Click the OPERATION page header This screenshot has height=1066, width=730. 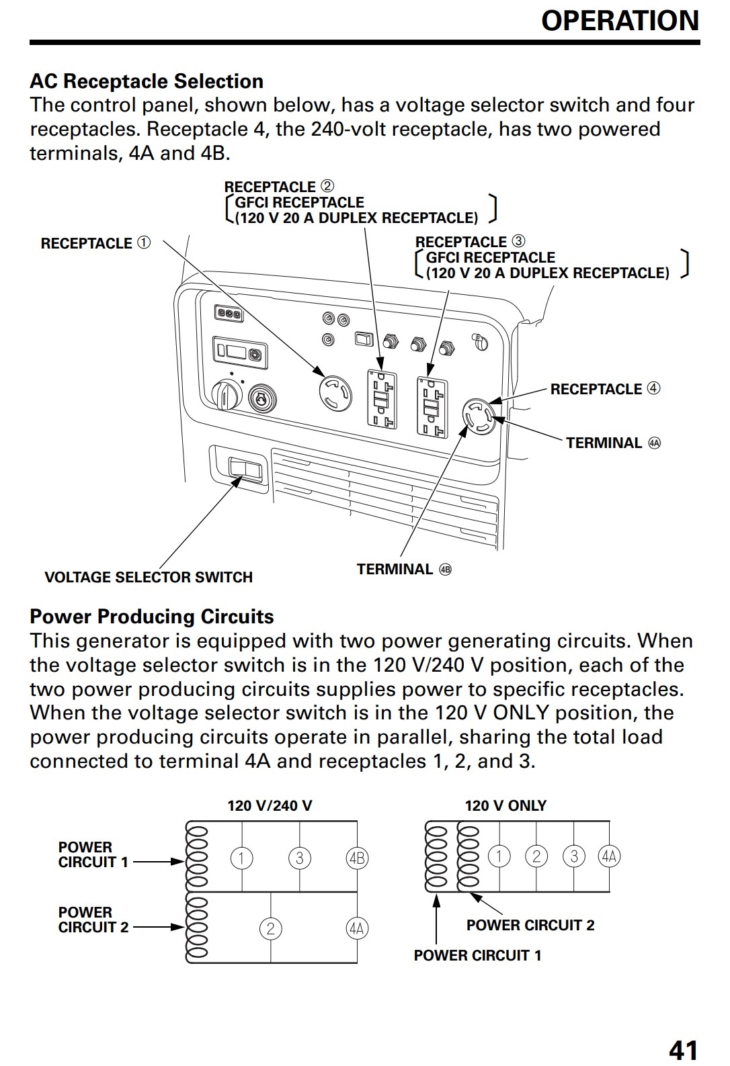(x=620, y=21)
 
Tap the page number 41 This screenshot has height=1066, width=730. (x=684, y=1049)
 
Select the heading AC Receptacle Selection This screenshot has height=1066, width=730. (x=147, y=81)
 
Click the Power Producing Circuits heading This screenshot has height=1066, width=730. (x=152, y=617)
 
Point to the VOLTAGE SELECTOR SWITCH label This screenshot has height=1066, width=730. (x=149, y=577)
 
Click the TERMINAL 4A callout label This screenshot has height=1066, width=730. (x=613, y=443)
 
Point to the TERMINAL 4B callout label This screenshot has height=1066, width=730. (x=404, y=570)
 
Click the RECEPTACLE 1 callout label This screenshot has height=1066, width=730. (x=95, y=243)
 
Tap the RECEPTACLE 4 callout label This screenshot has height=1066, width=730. (x=605, y=389)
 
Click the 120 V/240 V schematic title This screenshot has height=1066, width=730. (x=270, y=805)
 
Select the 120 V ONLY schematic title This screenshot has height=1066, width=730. (x=505, y=805)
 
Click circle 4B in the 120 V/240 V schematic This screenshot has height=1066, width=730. (x=356, y=858)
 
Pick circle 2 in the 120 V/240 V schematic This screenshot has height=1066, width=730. (x=270, y=928)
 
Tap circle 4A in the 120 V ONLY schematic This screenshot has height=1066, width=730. (x=609, y=856)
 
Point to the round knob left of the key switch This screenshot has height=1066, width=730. (x=225, y=394)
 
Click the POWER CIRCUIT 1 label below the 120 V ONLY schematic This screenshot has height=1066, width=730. (x=477, y=955)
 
